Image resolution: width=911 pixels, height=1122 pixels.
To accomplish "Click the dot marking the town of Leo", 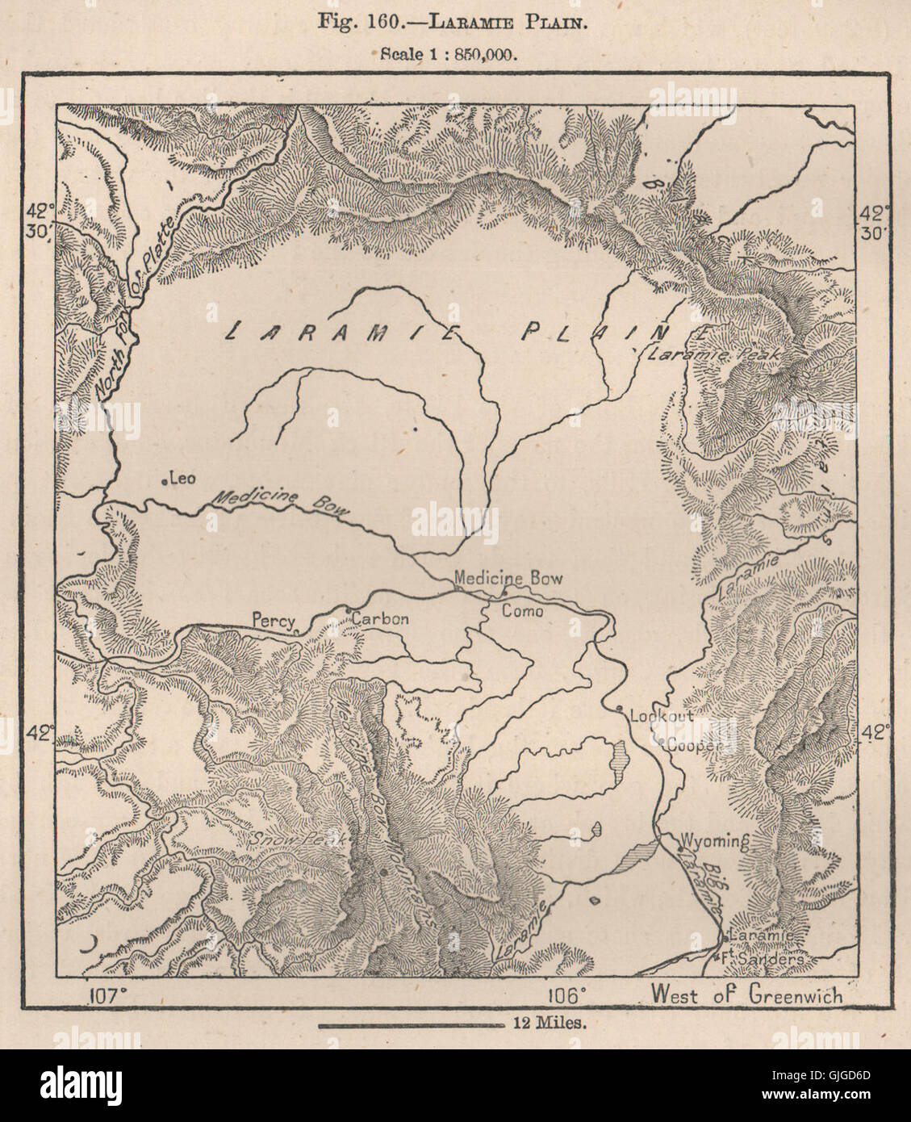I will point(164,482).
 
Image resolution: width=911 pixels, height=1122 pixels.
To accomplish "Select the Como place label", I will point(522,611).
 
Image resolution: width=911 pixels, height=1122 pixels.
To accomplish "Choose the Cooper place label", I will point(692,747).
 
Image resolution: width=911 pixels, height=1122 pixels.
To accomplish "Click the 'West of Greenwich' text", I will point(746,994).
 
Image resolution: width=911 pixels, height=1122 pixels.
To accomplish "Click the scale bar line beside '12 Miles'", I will point(412,1026).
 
